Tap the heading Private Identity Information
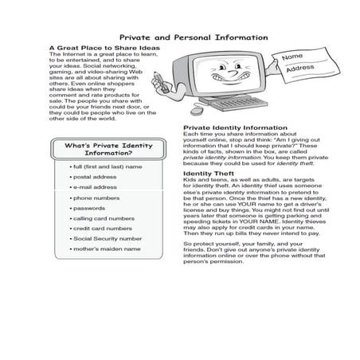(235, 127)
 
